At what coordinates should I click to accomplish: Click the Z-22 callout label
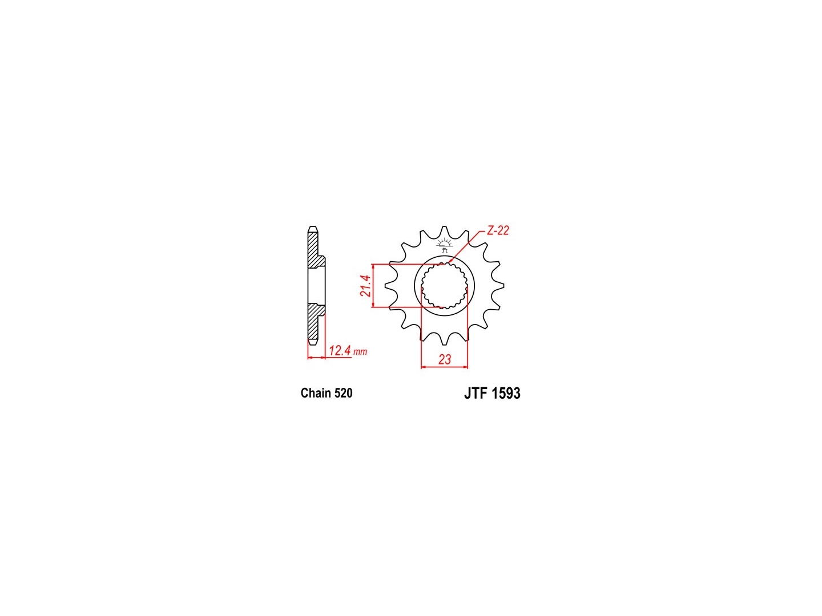pos(498,231)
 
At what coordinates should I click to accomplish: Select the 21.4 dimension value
pos(365,286)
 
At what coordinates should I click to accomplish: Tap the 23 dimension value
pos(445,359)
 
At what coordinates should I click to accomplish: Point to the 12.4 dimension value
pos(340,351)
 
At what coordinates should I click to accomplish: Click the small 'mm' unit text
pos(360,352)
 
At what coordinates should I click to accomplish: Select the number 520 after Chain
pos(344,393)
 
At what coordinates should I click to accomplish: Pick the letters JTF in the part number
pos(476,394)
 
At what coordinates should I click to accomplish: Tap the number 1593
pos(505,394)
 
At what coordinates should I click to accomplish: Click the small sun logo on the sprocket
pos(445,245)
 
